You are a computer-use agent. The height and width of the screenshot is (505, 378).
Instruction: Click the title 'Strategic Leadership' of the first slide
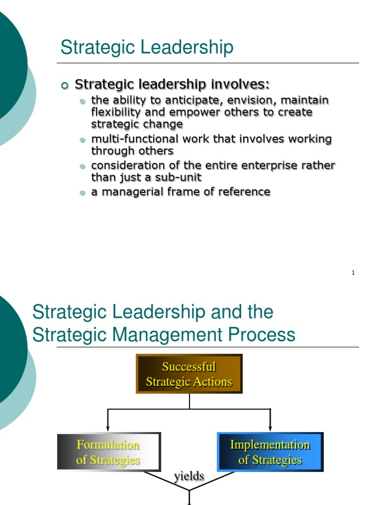[147, 48]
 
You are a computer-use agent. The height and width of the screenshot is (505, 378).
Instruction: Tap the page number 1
[353, 273]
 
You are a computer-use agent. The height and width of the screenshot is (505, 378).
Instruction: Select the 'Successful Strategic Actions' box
[189, 374]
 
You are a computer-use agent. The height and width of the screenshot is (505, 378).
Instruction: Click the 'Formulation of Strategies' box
[109, 452]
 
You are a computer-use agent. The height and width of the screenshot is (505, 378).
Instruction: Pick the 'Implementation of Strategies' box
[270, 452]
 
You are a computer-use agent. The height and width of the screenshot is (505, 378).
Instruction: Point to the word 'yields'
[189, 476]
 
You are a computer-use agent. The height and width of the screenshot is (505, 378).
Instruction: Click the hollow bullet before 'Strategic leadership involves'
[64, 85]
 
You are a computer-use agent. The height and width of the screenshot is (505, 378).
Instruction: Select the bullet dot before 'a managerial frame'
[83, 193]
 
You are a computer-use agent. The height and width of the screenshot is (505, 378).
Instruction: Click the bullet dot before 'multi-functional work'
[83, 141]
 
